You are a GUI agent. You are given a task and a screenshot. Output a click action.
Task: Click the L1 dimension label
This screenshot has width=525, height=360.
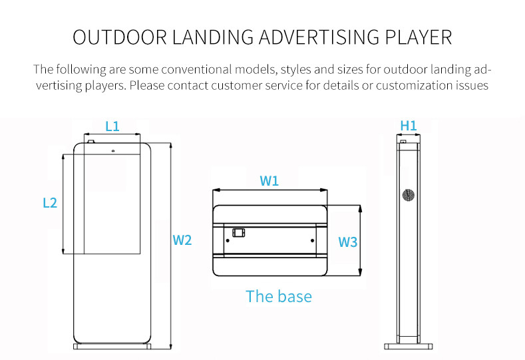pyautogui.click(x=112, y=126)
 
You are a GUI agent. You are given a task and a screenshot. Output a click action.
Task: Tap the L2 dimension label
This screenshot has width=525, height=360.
pyautogui.click(x=50, y=202)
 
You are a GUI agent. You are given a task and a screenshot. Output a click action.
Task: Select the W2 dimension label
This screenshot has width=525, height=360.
pyautogui.click(x=182, y=240)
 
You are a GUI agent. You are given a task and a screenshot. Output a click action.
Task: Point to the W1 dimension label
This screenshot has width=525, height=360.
pyautogui.click(x=269, y=181)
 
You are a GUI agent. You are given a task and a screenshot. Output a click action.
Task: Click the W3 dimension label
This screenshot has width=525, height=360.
pyautogui.click(x=347, y=242)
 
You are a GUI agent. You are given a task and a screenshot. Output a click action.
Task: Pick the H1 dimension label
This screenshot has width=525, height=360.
pyautogui.click(x=409, y=126)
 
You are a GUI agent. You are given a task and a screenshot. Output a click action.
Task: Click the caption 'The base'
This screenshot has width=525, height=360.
pyautogui.click(x=279, y=296)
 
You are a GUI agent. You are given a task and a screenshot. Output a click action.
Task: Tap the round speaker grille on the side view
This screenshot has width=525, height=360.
pyautogui.click(x=408, y=195)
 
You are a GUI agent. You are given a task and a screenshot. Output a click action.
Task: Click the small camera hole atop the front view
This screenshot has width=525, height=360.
pyautogui.click(x=113, y=151)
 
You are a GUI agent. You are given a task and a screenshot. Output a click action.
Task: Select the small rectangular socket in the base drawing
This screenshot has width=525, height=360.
pyautogui.click(x=239, y=233)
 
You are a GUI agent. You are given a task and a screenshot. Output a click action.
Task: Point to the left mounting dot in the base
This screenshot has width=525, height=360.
pyautogui.click(x=228, y=240)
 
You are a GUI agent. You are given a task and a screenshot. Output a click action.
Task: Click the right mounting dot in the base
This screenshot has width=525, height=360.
pyautogui.click(x=312, y=240)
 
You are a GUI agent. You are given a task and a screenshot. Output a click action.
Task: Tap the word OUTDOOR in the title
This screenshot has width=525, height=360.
pyautogui.click(x=120, y=37)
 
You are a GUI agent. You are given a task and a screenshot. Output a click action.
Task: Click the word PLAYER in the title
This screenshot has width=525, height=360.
pyautogui.click(x=418, y=37)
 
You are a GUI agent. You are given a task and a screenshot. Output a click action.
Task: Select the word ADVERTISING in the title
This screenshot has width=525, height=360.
pyautogui.click(x=319, y=37)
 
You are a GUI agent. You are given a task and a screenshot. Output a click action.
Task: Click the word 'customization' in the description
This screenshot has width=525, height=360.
pyautogui.click(x=414, y=85)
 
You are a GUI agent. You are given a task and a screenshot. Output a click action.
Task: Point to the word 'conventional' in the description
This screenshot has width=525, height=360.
pyautogui.click(x=196, y=69)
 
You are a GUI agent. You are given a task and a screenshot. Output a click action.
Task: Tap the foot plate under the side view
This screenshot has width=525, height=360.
pyautogui.click(x=409, y=346)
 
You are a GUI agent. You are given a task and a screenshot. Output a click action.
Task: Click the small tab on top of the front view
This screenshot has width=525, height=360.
pyautogui.click(x=90, y=141)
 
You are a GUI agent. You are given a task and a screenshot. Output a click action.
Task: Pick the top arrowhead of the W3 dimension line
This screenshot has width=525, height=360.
pyautogui.click(x=360, y=209)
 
